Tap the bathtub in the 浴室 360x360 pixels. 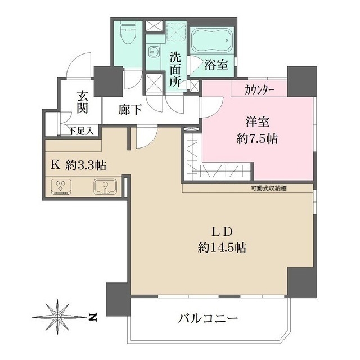pos(211,40)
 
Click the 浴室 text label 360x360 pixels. pos(217,65)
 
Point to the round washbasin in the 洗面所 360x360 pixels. pos(152,51)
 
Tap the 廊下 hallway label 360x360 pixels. pos(130,110)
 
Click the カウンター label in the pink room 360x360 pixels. pos(259,89)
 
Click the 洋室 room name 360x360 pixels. pos(256,121)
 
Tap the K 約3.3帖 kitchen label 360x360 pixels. pos(79,166)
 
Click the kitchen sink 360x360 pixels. pos(104,186)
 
